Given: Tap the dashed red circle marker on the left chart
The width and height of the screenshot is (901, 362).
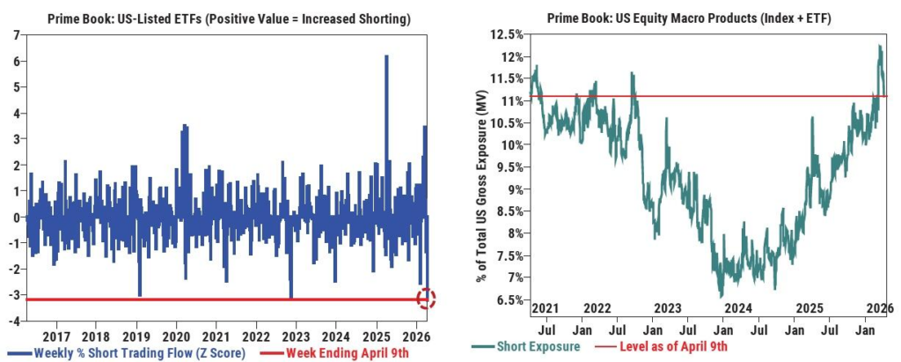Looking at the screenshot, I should (427, 299).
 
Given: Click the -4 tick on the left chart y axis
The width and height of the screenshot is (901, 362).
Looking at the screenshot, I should (14, 321).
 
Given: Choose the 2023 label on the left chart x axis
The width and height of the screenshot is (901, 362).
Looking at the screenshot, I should (295, 336).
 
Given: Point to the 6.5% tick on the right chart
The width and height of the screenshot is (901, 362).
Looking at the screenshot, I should (509, 299).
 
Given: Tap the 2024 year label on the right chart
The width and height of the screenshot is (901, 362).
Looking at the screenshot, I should (738, 308).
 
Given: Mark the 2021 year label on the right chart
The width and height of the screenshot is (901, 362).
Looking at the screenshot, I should (546, 308).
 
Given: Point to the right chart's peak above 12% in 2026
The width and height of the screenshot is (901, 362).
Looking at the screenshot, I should (879, 47).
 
